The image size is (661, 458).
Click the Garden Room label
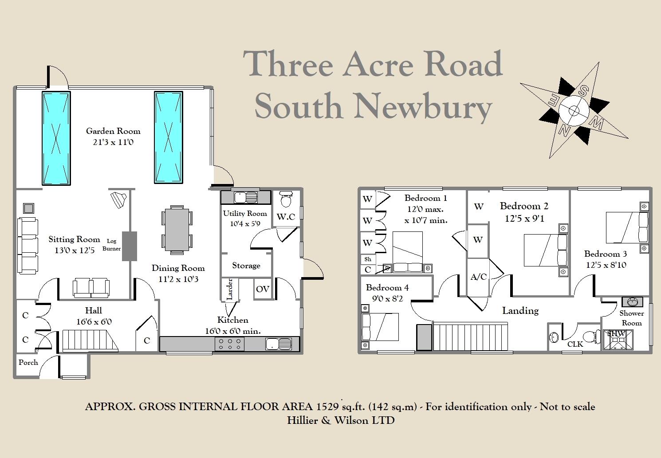point(113,131)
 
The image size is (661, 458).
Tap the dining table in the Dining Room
point(177,229)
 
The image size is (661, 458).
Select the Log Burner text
point(111,245)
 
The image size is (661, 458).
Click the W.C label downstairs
point(286,217)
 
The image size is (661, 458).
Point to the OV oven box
point(263,289)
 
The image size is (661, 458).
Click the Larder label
point(230,289)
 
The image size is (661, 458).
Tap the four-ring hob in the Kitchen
point(229,344)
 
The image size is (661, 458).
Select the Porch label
point(28,362)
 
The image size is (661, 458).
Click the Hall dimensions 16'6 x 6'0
point(94,322)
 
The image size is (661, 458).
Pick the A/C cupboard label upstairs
point(478,277)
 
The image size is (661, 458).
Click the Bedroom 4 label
point(387,288)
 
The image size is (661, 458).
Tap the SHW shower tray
point(618,339)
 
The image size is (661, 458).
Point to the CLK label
point(575,344)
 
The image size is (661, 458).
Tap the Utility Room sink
point(245,197)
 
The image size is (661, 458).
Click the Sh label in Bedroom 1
point(368,259)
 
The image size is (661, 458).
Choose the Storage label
point(246,266)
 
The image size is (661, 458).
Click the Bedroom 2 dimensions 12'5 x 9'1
point(524,218)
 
